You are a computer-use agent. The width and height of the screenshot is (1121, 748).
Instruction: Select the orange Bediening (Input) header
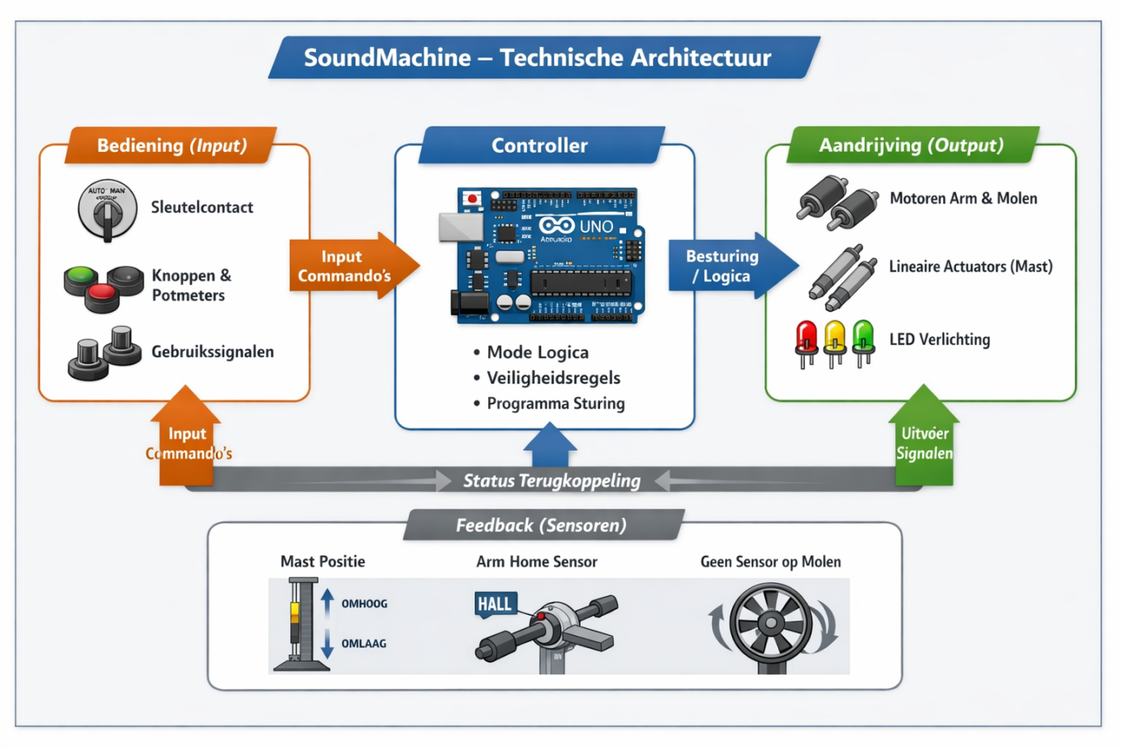pos(172,145)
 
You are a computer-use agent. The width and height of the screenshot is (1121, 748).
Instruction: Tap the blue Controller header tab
pos(539,145)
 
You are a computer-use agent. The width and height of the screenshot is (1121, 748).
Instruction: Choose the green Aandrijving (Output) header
pos(911,145)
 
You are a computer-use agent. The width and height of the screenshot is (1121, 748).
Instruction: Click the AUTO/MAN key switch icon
pos(107,210)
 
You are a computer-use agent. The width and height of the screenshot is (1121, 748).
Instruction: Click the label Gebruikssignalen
pos(213,352)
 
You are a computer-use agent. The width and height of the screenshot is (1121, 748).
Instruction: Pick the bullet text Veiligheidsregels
pos(553,378)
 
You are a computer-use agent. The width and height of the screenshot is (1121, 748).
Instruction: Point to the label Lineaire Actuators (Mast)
pos(970,267)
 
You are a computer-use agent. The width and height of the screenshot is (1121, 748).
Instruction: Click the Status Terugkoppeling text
pos(551,481)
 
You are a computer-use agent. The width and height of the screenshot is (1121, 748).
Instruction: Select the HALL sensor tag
pos(495,604)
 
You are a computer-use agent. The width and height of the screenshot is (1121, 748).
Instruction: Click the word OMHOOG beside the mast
pos(364,604)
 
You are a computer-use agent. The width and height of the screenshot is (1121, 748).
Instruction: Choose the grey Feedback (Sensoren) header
pos(542,525)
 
